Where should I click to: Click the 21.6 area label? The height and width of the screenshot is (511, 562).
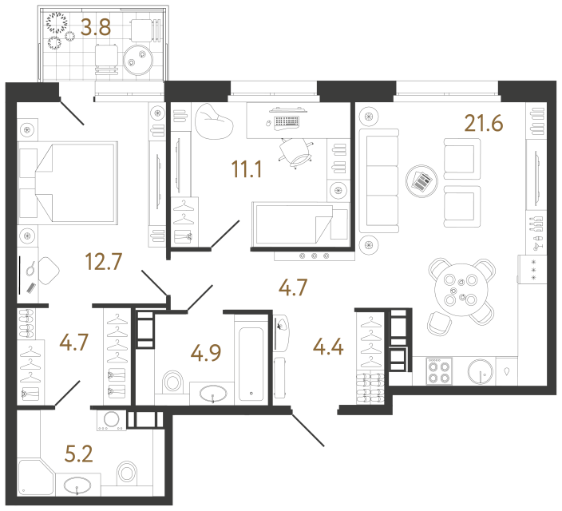point(485,124)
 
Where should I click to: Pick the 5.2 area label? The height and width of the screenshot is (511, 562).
point(78,455)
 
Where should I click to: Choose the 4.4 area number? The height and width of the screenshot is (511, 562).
point(330,349)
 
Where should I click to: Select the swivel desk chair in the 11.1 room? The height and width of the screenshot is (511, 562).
point(296,152)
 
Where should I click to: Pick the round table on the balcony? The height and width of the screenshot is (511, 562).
point(141,55)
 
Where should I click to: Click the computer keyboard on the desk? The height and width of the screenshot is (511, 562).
point(286,122)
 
